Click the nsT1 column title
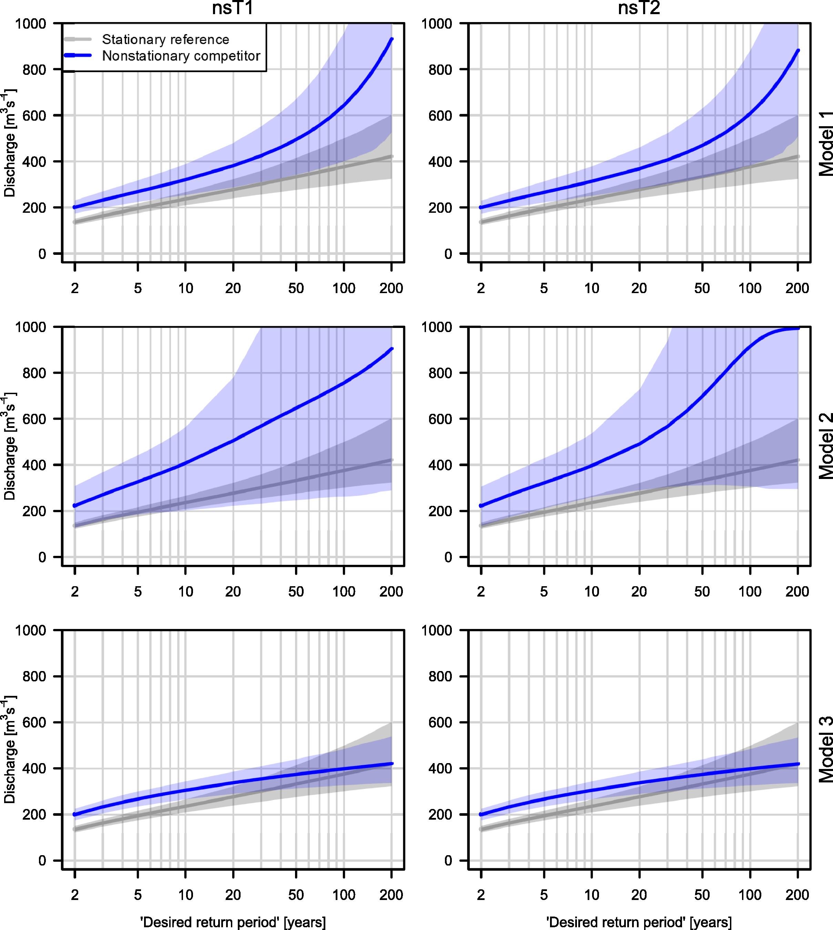tap(233, 8)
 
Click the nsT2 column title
tap(639, 8)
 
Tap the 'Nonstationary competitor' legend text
tap(181, 56)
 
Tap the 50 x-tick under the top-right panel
tap(702, 289)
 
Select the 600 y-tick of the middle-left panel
tap(34, 419)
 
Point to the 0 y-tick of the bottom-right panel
tap(448, 861)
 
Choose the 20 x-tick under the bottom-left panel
tap(233, 895)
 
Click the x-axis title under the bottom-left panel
tap(233, 922)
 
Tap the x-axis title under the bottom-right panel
tap(639, 922)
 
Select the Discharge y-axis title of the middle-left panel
tap(10, 446)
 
